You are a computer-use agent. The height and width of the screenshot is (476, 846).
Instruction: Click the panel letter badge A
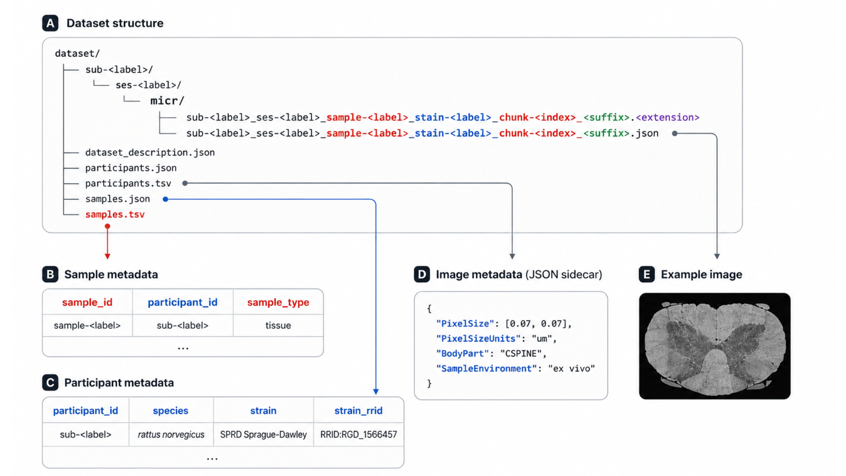click(x=50, y=23)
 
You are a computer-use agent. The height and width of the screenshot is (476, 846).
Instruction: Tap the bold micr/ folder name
click(x=167, y=101)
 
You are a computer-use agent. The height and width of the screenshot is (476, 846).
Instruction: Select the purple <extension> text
click(x=668, y=118)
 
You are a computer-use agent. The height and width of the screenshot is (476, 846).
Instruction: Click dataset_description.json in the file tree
click(x=150, y=152)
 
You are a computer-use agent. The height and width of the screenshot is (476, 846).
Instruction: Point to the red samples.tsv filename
click(x=115, y=215)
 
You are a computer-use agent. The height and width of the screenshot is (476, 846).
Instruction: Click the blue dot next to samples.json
click(x=166, y=199)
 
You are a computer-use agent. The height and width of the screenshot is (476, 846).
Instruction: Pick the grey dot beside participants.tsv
click(x=185, y=183)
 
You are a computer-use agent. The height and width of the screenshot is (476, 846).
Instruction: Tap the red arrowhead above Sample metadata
click(x=108, y=256)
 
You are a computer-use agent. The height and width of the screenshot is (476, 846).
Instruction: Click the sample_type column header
click(x=278, y=302)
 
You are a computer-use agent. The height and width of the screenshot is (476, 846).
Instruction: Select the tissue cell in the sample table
click(x=278, y=326)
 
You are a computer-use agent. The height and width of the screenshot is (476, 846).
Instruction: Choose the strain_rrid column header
click(x=358, y=411)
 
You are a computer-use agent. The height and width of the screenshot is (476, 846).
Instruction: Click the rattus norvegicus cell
click(x=171, y=435)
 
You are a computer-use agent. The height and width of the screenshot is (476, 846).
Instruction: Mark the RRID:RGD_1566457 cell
click(x=359, y=435)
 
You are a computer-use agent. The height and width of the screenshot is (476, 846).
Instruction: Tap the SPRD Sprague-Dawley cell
click(x=263, y=435)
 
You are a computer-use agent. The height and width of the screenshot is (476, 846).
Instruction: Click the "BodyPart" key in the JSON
click(x=463, y=354)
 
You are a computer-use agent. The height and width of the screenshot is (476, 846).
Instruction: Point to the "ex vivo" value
click(x=571, y=369)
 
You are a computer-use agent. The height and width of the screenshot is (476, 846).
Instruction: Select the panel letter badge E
click(x=647, y=274)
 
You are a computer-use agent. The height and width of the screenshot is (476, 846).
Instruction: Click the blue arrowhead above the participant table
click(x=376, y=391)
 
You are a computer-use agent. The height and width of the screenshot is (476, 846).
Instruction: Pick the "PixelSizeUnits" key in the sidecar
click(x=479, y=339)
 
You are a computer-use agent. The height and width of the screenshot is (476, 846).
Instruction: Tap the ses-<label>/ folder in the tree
click(x=148, y=85)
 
